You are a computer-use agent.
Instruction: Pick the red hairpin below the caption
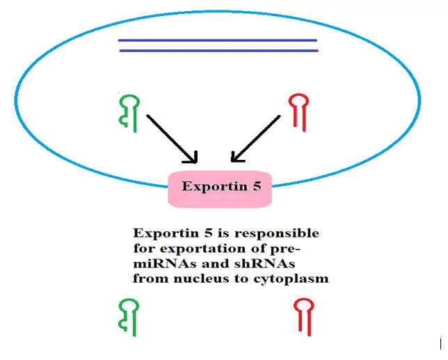303,316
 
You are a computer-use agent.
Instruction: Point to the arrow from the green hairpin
172,139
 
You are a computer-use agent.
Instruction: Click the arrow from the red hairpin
256,138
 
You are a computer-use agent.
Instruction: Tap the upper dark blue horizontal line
218,40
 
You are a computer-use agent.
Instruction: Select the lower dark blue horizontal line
218,51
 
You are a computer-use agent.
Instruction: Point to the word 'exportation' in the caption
197,248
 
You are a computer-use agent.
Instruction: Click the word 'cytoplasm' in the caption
291,279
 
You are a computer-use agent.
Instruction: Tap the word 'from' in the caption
147,279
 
